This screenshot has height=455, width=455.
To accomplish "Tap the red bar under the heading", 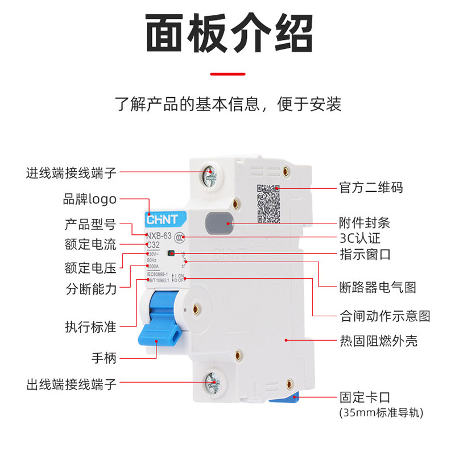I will (x=228, y=73).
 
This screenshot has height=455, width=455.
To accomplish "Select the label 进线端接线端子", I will (x=71, y=172).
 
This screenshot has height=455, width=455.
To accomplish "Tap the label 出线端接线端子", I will (x=71, y=384).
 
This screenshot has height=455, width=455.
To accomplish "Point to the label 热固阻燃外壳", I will (x=378, y=341).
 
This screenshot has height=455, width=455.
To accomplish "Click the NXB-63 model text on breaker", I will (x=160, y=236).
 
